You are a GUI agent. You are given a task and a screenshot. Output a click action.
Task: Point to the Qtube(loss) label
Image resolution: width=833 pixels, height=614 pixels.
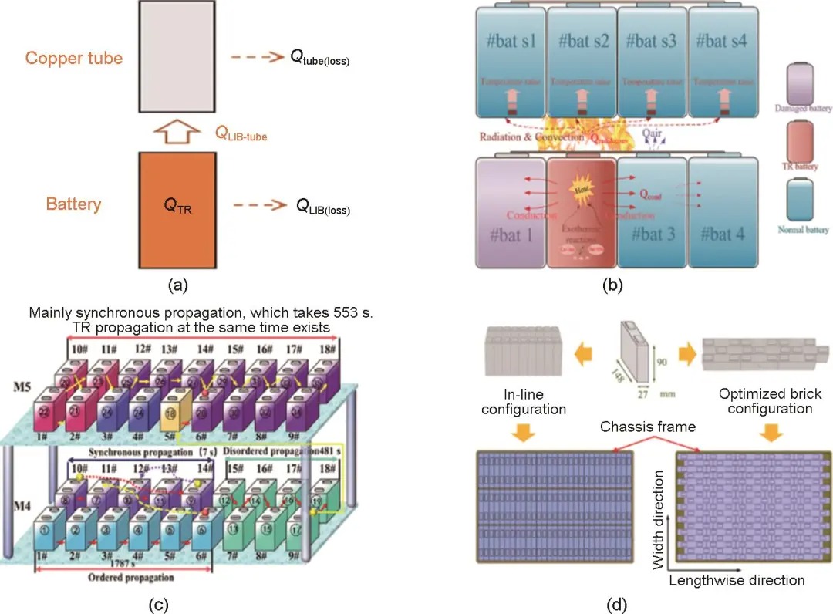(319, 59)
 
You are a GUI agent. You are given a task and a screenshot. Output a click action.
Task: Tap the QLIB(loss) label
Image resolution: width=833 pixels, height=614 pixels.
(322, 206)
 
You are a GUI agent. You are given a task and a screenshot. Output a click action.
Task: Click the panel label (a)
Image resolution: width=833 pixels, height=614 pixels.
(178, 285)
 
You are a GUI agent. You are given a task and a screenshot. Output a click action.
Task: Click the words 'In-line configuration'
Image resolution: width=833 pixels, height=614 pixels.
(523, 400)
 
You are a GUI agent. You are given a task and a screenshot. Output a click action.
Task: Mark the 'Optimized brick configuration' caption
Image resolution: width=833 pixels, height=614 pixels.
(770, 401)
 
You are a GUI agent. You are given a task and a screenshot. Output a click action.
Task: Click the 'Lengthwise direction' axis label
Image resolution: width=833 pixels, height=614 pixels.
(737, 579)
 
